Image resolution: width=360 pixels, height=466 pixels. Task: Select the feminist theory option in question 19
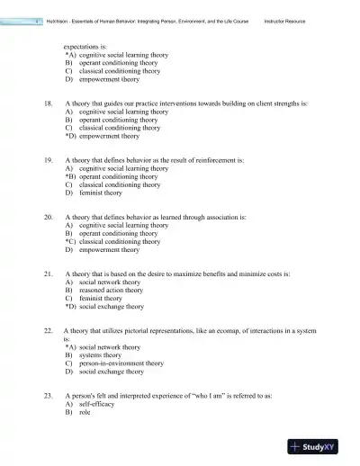click(x=100, y=193)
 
